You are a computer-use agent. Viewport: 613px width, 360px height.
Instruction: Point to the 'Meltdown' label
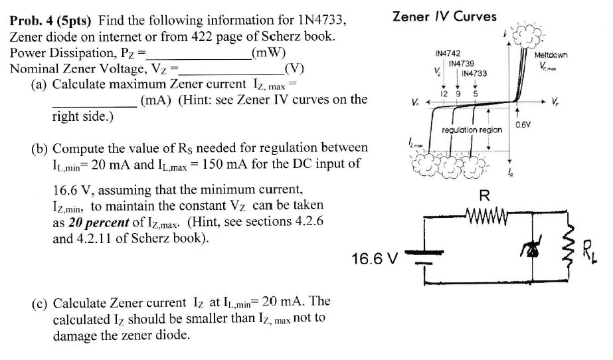click(x=551, y=56)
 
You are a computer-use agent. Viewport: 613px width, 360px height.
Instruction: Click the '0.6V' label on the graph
click(x=524, y=124)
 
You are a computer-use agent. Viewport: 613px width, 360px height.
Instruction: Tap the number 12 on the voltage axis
click(x=443, y=94)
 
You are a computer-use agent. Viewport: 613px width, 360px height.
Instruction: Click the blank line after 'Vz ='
click(x=231, y=68)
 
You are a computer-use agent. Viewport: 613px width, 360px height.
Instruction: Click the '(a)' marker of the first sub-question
click(x=40, y=84)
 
